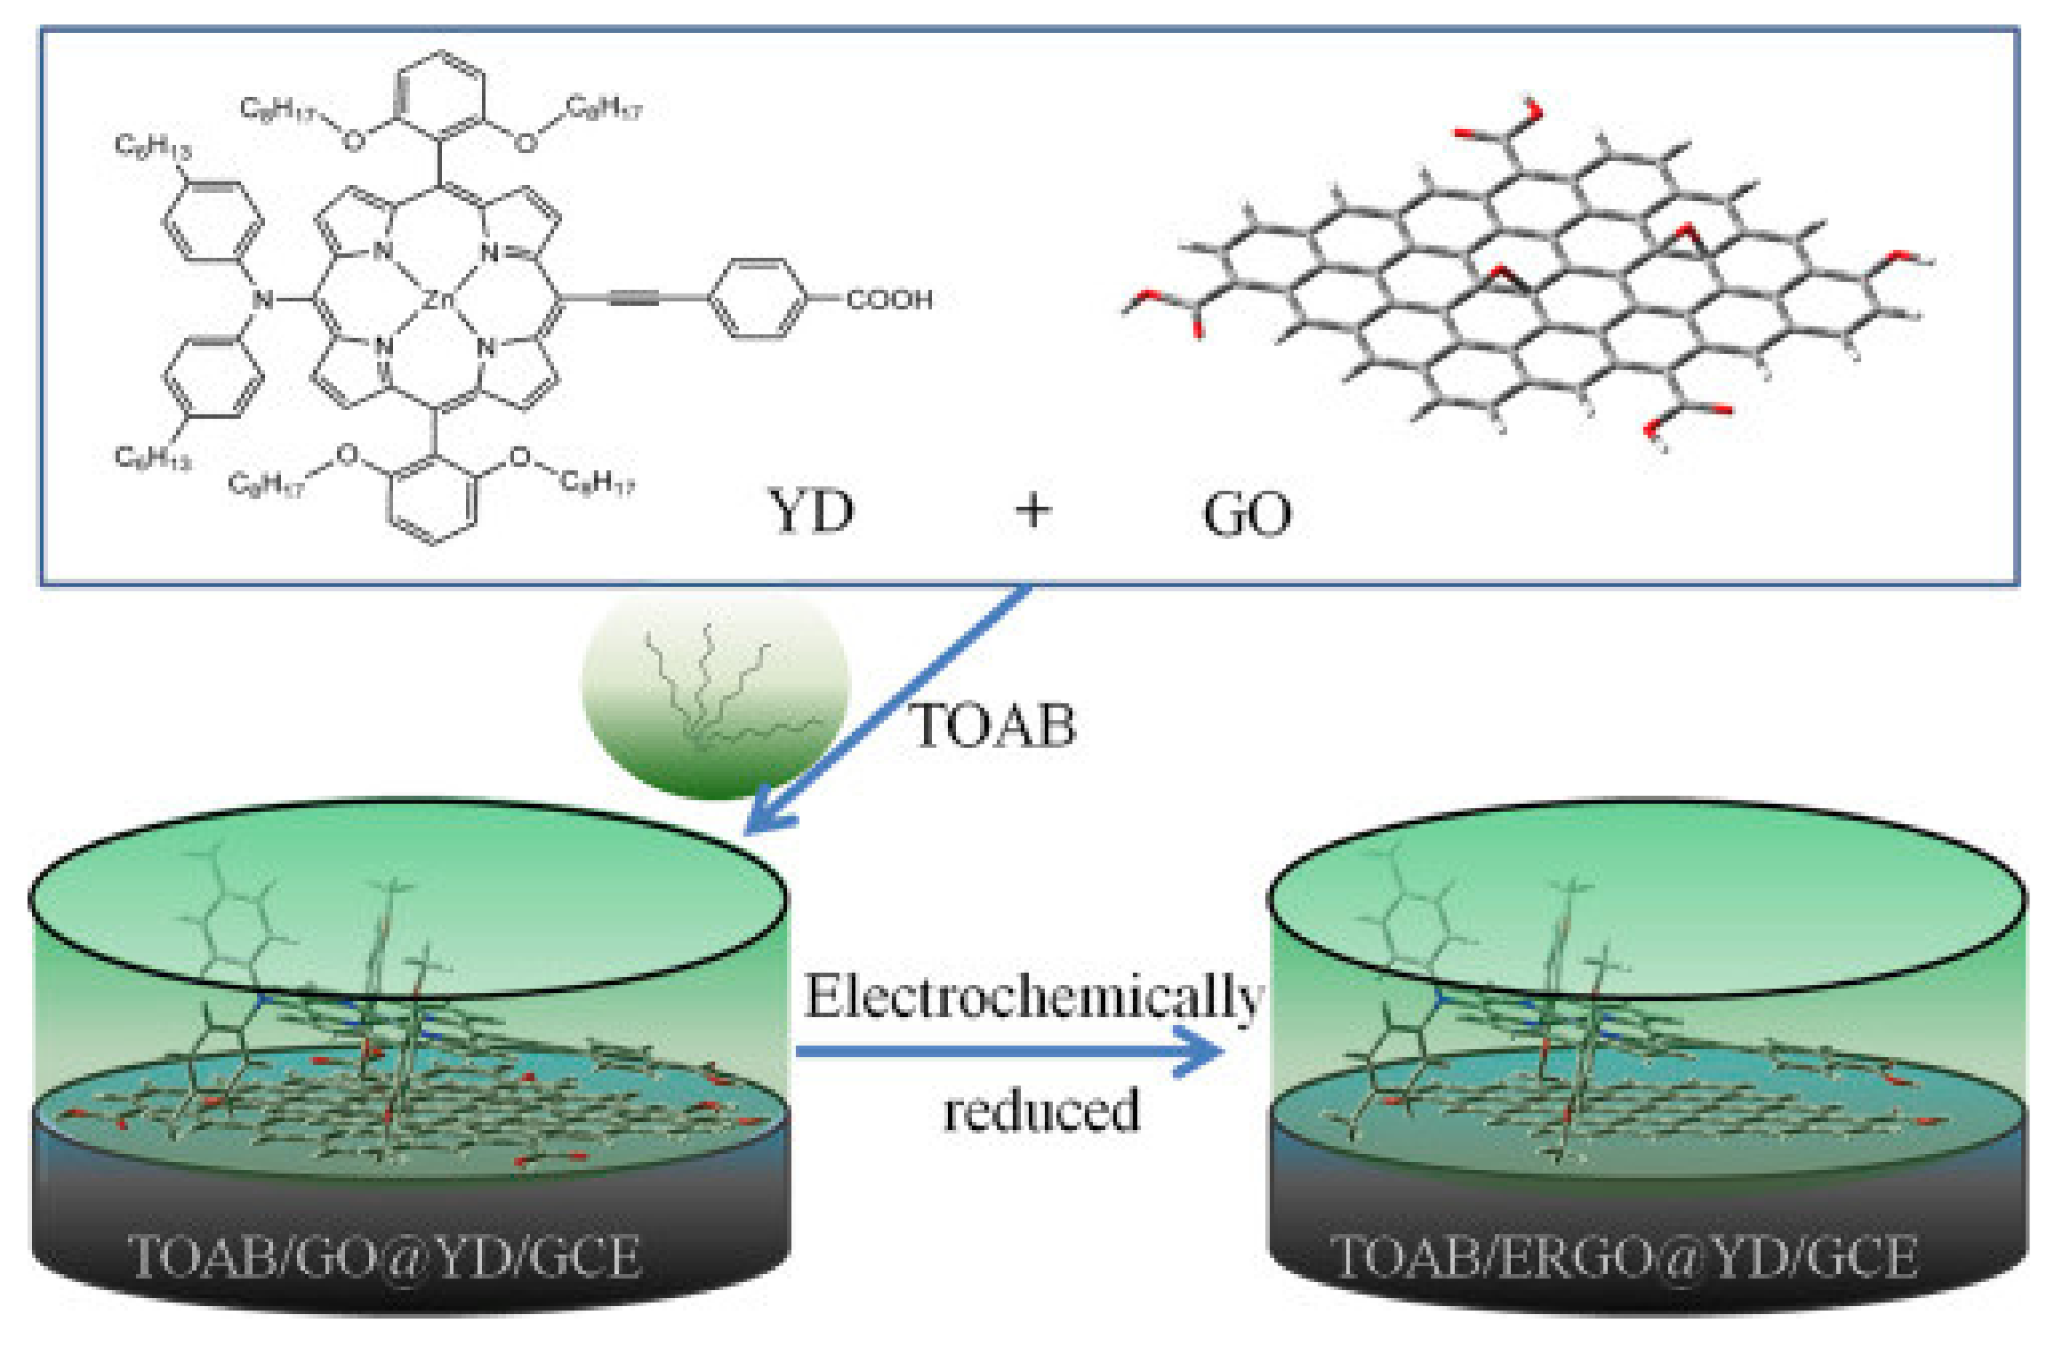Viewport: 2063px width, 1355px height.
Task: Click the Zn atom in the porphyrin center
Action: tap(437, 300)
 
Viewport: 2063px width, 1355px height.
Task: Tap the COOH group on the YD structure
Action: tap(888, 300)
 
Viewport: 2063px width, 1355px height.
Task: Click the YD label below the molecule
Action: tap(810, 512)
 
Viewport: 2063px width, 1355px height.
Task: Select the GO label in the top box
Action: tap(1247, 514)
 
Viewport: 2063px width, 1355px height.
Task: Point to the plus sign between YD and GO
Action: tap(1032, 510)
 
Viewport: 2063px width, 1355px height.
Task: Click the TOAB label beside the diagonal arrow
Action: tap(993, 725)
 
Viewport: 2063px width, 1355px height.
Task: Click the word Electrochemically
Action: tap(1033, 995)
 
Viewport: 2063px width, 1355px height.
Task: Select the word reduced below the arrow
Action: tap(1041, 1110)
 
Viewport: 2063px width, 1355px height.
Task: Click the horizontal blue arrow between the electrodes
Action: tap(1005, 1052)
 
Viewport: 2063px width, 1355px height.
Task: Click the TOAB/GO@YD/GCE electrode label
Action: tap(384, 1256)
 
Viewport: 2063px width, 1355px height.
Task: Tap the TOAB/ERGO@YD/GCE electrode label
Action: tap(1624, 1256)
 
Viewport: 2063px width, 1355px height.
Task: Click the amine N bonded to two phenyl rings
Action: tap(262, 300)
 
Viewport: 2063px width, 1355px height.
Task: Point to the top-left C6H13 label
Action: tap(152, 147)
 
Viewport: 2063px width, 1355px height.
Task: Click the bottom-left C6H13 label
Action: tap(152, 457)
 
